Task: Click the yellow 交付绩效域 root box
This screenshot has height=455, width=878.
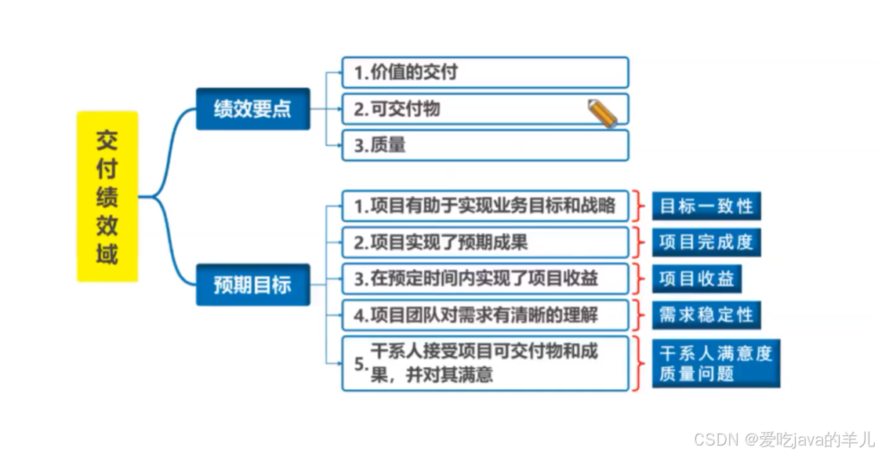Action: (107, 196)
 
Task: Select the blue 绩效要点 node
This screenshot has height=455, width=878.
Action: (252, 108)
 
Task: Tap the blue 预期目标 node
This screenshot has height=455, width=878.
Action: (252, 284)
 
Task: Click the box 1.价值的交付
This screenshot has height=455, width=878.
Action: (485, 72)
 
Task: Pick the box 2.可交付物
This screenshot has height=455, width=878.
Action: (485, 109)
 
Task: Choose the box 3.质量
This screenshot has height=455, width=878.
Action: (485, 145)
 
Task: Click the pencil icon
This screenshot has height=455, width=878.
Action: (603, 113)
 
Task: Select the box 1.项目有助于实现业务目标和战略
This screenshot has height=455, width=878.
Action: (485, 206)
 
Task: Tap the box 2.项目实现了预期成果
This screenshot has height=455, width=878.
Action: (485, 242)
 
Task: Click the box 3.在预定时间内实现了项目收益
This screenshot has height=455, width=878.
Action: (485, 278)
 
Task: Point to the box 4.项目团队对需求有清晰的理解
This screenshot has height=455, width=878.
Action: (485, 315)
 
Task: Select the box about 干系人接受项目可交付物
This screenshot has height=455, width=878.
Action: (485, 362)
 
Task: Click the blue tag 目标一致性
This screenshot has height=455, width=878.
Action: (706, 206)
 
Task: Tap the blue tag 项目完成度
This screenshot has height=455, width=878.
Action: (706, 242)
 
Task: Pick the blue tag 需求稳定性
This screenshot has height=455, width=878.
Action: (706, 315)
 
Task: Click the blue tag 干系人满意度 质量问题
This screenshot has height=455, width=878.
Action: (717, 362)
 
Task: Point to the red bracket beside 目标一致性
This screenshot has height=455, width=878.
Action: (640, 206)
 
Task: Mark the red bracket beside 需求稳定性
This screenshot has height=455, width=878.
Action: (640, 315)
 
